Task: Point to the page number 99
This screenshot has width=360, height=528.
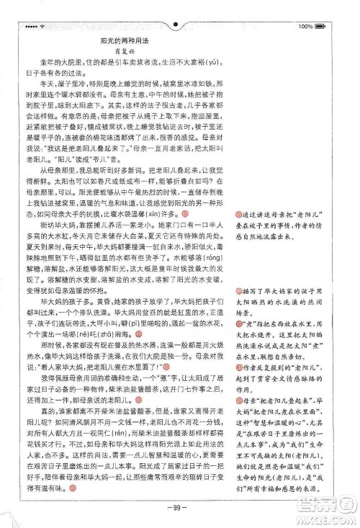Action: [180, 509]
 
